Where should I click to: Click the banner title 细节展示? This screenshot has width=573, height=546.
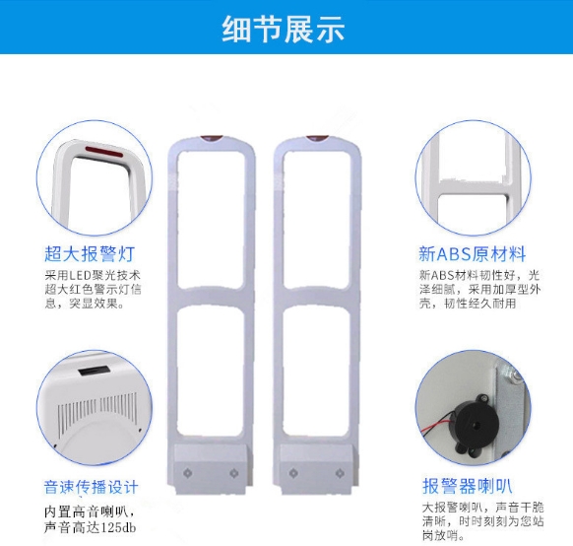tap(284, 29)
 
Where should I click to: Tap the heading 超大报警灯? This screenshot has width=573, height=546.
tap(90, 254)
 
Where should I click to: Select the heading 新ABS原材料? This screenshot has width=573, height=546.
tap(473, 254)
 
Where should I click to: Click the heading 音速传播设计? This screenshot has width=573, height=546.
tap(91, 487)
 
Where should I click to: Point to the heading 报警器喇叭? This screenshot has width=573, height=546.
tap(468, 486)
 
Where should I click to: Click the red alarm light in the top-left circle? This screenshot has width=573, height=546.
tap(104, 152)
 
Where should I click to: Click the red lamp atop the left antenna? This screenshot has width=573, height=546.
tap(212, 138)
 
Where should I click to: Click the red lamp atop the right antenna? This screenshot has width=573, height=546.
tap(318, 138)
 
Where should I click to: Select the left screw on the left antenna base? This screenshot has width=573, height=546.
tap(187, 473)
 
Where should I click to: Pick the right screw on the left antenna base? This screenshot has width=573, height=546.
tap(234, 473)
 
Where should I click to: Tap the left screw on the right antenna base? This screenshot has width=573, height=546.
tap(293, 473)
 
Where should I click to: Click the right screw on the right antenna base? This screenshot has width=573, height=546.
tap(340, 473)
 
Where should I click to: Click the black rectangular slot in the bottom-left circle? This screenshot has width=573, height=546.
tap(95, 372)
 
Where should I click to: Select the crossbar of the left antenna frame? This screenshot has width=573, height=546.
tap(211, 297)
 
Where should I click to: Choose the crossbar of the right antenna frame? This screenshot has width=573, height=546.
tap(317, 297)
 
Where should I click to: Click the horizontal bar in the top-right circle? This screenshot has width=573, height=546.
tap(474, 187)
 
